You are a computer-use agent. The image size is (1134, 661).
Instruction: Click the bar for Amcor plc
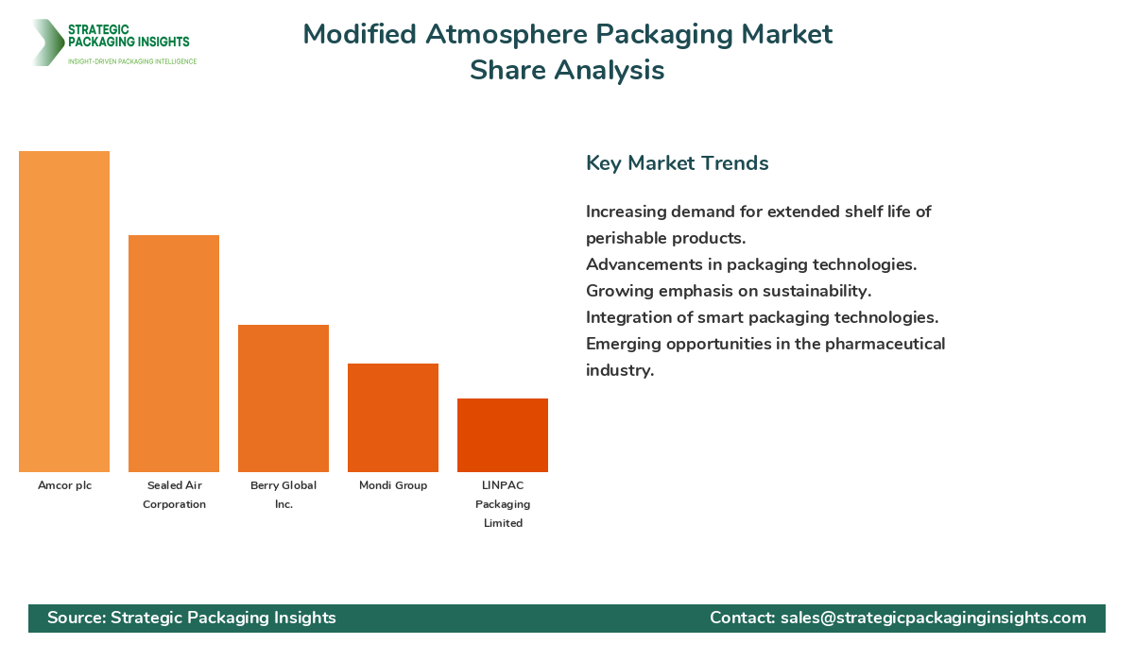pyautogui.click(x=64, y=312)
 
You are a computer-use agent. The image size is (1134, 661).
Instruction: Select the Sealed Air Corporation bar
pyautogui.click(x=174, y=353)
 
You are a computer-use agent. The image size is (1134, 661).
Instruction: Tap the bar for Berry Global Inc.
pyautogui.click(x=283, y=398)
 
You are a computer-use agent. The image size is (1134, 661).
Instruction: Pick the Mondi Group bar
pyautogui.click(x=393, y=417)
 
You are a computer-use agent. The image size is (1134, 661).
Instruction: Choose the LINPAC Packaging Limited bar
pyautogui.click(x=503, y=435)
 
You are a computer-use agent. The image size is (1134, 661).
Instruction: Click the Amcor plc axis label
pyautogui.click(x=64, y=485)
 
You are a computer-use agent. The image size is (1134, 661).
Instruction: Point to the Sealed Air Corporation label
pyautogui.click(x=174, y=495)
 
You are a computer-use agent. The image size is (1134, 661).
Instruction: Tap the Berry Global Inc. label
pyautogui.click(x=283, y=495)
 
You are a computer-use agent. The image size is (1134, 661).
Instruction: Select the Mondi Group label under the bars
pyautogui.click(x=393, y=485)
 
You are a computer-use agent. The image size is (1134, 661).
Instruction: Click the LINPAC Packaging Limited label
pyautogui.click(x=503, y=504)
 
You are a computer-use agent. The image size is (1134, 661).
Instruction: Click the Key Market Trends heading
pyautogui.click(x=677, y=162)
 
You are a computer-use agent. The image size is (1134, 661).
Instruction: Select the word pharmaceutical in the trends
pyautogui.click(x=885, y=344)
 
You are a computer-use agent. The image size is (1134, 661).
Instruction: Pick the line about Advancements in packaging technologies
pyautogui.click(x=750, y=264)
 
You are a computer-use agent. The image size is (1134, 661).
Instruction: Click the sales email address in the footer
pyautogui.click(x=933, y=618)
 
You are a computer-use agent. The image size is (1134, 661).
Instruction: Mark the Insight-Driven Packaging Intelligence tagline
pyautogui.click(x=131, y=61)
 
